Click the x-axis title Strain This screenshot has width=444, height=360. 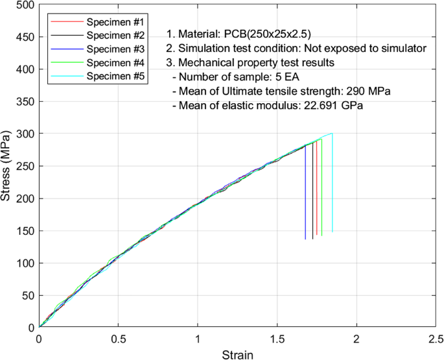coord(237,354)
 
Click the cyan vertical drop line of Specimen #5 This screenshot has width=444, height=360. coord(333,182)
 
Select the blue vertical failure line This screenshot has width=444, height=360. coord(305,195)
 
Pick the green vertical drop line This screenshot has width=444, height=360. coord(321,188)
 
